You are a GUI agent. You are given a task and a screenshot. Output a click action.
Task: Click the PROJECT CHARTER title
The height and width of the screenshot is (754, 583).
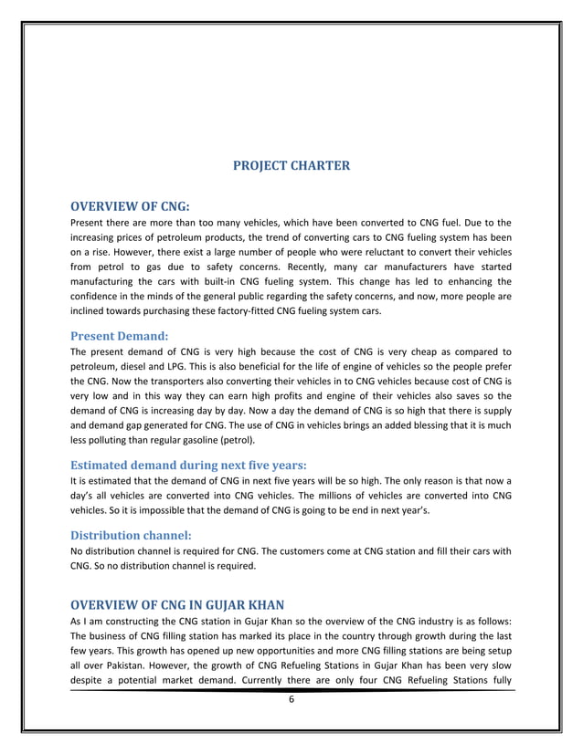[x=291, y=165]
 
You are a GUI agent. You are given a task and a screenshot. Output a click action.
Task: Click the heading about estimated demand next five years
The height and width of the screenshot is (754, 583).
[x=187, y=464]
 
